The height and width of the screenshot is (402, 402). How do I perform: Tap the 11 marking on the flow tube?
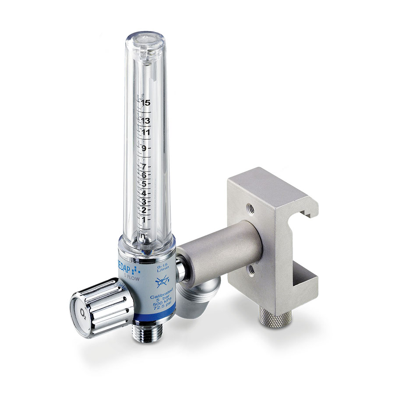coord(145,132)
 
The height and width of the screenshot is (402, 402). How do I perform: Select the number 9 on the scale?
coord(143,148)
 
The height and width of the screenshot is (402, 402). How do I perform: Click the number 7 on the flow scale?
coord(143,167)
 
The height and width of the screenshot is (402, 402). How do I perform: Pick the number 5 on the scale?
coord(143,184)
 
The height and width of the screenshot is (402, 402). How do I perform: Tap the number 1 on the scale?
coord(143,219)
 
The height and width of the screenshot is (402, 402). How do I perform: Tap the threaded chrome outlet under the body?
coord(146,335)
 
